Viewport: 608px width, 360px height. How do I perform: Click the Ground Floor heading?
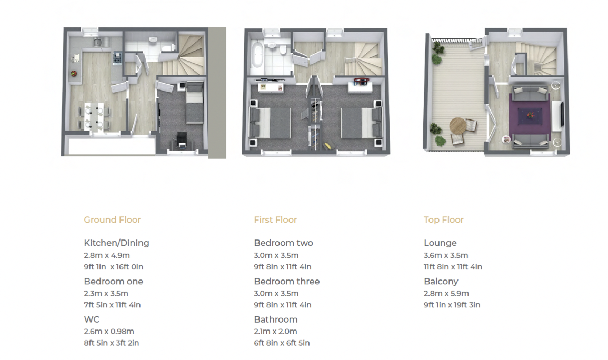point(113,219)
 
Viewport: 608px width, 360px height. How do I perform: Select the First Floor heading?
point(275,219)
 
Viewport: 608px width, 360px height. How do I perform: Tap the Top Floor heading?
point(444,219)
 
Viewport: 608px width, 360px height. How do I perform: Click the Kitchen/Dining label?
point(116,243)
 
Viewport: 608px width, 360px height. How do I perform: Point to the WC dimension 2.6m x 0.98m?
point(109,332)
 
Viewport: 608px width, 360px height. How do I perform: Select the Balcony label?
point(441,282)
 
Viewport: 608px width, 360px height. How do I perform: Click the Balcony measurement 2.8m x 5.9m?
point(446,293)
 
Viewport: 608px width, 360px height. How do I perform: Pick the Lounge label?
point(440,243)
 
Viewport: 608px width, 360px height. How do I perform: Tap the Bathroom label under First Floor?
point(276,319)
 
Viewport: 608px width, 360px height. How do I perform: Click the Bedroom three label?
point(287,282)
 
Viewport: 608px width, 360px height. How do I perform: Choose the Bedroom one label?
point(114,282)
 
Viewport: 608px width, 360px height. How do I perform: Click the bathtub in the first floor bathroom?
point(257,57)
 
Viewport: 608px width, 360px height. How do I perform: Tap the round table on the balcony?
point(458,126)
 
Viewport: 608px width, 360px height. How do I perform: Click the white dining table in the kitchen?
point(95,117)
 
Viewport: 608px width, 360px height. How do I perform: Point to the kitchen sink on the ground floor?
point(97,42)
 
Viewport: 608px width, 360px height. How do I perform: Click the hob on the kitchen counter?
point(117,58)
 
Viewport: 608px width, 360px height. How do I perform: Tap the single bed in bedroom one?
point(194,102)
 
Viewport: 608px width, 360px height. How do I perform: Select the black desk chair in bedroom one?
point(182,139)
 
